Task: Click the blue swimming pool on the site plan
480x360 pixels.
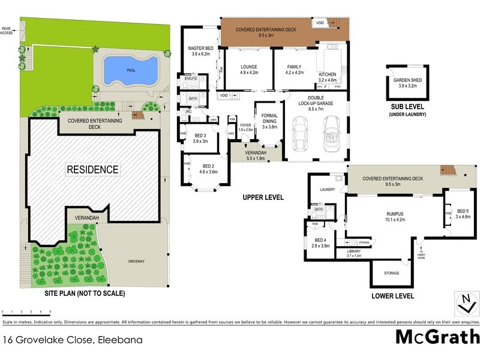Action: tap(131, 70)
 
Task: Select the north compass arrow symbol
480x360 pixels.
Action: tap(464, 302)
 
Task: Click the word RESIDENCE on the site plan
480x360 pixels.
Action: tap(92, 169)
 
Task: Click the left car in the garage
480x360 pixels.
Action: tap(301, 134)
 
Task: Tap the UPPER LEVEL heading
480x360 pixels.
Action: tap(262, 197)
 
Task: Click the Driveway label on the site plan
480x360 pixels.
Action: tap(137, 262)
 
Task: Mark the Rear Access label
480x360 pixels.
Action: tap(7, 31)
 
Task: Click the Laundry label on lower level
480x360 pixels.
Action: tap(328, 190)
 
